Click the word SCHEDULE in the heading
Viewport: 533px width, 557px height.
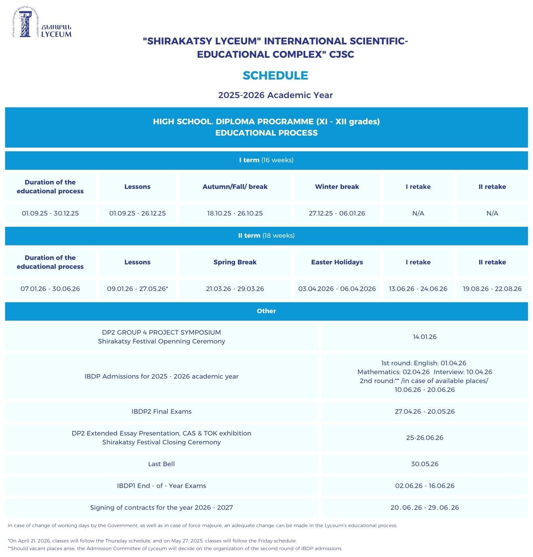[x=275, y=75]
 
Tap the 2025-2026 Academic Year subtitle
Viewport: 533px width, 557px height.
[x=275, y=95]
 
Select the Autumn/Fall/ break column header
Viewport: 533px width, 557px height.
[x=235, y=187]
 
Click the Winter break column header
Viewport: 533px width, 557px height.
[x=337, y=187]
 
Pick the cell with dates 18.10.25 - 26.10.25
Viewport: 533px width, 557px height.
[x=235, y=214]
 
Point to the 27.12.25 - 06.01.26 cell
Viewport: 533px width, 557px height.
[x=337, y=214]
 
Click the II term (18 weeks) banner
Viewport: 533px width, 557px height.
[x=266, y=236]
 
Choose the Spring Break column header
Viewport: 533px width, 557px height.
[x=235, y=262]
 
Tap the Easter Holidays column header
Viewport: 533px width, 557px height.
[x=337, y=262]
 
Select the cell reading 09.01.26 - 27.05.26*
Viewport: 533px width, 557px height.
[x=137, y=289]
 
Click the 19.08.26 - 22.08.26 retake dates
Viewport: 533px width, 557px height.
[x=492, y=289]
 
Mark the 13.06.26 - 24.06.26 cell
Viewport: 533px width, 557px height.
[x=418, y=289]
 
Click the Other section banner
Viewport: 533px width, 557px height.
[x=266, y=311]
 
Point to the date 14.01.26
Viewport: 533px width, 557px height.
[x=424, y=337]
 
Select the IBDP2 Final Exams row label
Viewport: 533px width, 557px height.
[x=162, y=412]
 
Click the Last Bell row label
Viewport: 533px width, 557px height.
[x=162, y=464]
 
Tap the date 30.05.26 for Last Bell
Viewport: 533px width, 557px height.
[x=424, y=464]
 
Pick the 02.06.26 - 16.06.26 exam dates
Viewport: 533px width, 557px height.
[x=424, y=486]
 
